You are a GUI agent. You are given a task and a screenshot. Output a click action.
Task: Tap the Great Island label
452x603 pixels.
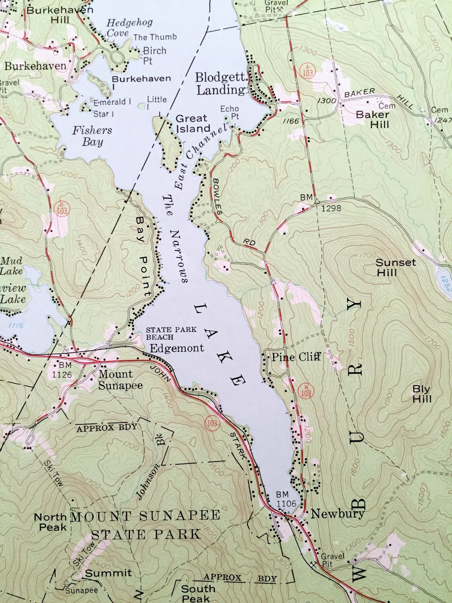point(192,124)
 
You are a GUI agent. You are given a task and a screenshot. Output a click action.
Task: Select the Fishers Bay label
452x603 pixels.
point(92,136)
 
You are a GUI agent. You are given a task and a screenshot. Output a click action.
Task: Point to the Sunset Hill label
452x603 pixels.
point(396,267)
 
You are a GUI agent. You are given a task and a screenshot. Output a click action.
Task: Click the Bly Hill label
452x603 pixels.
point(422,394)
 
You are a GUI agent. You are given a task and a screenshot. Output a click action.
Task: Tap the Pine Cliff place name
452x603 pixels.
point(296,356)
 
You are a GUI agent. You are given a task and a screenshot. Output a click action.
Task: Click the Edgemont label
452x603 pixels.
point(177,348)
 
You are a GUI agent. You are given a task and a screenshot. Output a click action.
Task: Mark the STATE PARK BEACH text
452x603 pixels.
point(171,333)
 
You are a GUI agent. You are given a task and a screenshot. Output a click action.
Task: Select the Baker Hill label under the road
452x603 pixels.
point(373,119)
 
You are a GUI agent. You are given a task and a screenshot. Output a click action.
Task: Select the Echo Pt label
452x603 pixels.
point(230,112)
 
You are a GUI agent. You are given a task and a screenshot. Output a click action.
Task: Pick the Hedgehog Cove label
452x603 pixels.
point(129,28)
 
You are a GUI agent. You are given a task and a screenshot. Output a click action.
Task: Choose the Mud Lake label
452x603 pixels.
point(12,265)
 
